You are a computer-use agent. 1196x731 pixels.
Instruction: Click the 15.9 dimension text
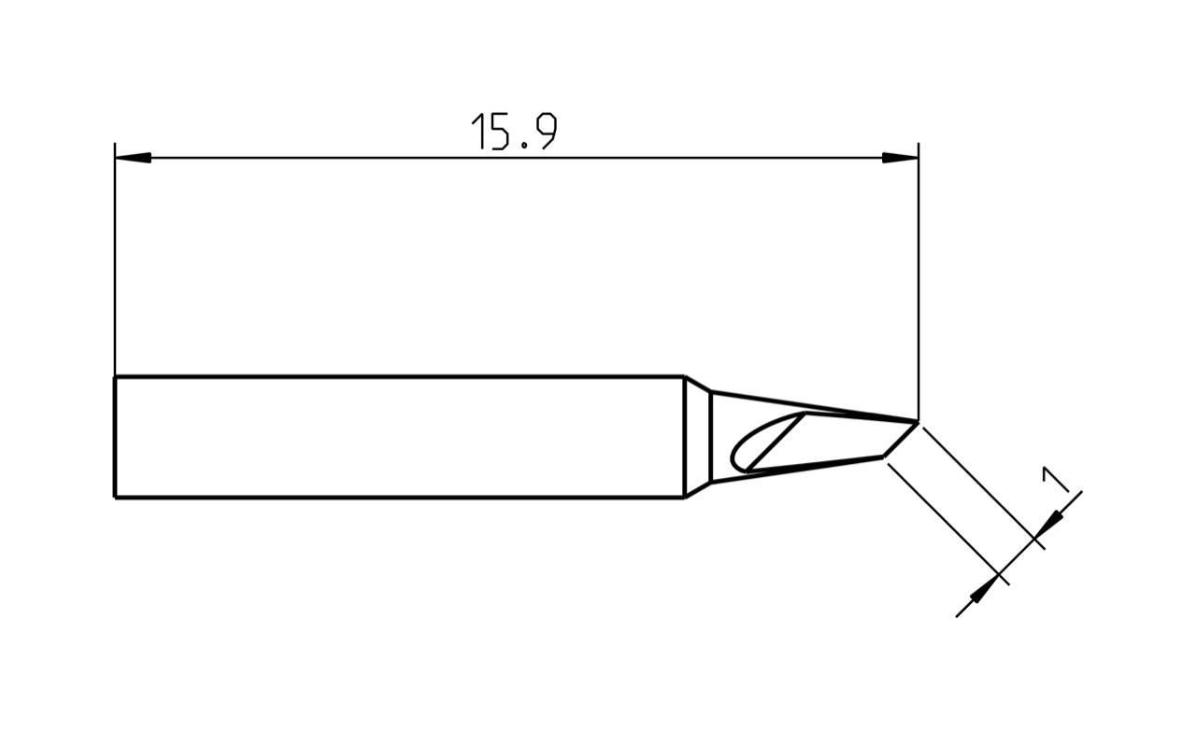(x=513, y=132)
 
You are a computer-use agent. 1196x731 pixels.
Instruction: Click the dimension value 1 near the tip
(x=1055, y=480)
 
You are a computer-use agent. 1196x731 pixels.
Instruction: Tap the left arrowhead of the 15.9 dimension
(x=132, y=158)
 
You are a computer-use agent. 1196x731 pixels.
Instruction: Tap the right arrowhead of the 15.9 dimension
(x=901, y=158)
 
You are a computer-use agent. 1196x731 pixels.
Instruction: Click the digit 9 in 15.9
(x=544, y=132)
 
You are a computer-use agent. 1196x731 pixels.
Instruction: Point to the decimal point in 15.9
(x=523, y=147)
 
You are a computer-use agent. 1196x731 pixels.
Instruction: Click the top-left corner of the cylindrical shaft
(x=115, y=377)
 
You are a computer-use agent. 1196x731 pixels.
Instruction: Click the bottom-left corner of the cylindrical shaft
(x=115, y=498)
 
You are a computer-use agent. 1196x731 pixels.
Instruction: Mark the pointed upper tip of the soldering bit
(x=918, y=422)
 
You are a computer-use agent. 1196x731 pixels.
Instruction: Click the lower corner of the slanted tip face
(x=883, y=457)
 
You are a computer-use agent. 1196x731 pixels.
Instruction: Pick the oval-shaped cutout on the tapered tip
(x=759, y=446)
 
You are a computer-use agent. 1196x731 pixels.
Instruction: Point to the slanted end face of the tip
(x=901, y=440)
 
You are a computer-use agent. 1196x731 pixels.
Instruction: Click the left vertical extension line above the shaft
(x=115, y=271)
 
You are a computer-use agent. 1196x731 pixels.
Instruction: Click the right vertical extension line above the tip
(x=918, y=280)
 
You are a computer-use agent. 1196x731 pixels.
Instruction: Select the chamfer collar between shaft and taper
(x=697, y=437)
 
